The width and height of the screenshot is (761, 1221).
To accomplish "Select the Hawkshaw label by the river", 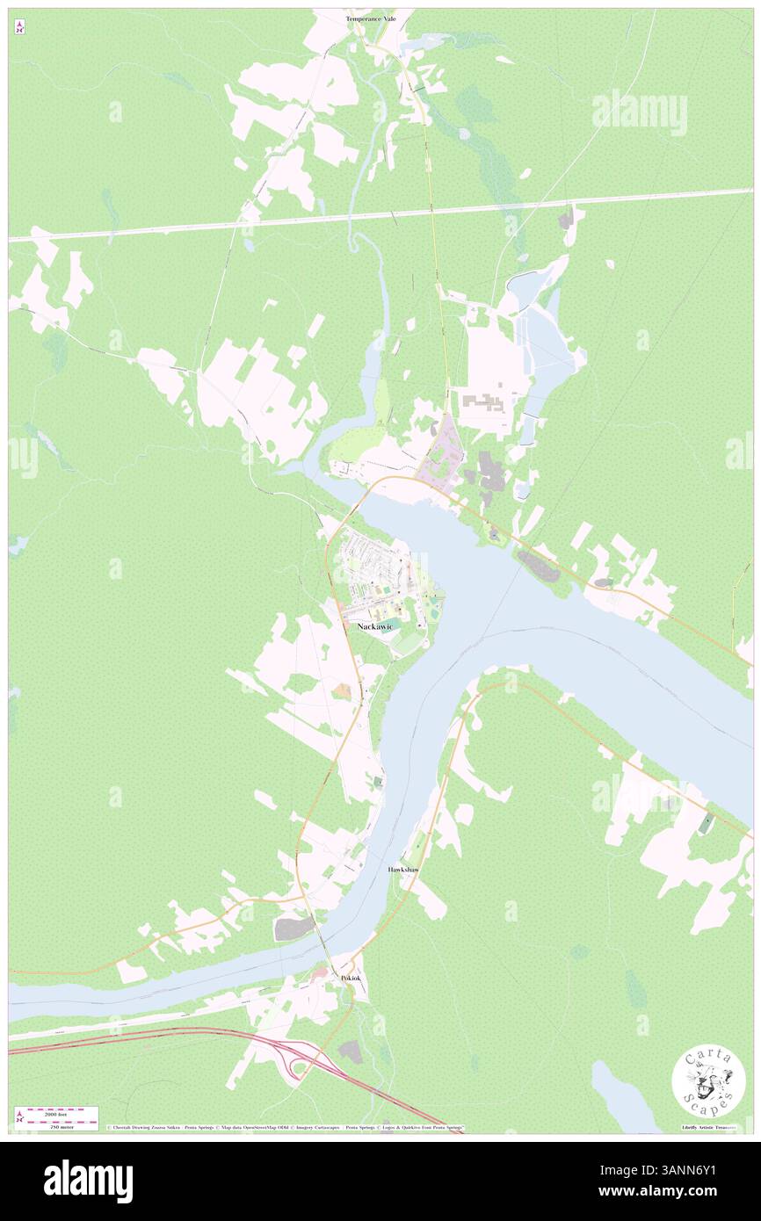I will (x=404, y=869).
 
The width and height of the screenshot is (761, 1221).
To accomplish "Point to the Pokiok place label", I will (x=351, y=977).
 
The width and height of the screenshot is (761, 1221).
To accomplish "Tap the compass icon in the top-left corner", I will (x=19, y=27).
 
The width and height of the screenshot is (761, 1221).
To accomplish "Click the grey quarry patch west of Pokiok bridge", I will (x=294, y=927).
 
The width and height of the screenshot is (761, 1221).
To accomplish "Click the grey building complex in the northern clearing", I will (x=482, y=403).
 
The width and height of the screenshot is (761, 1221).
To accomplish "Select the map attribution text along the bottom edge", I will (x=286, y=1127).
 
